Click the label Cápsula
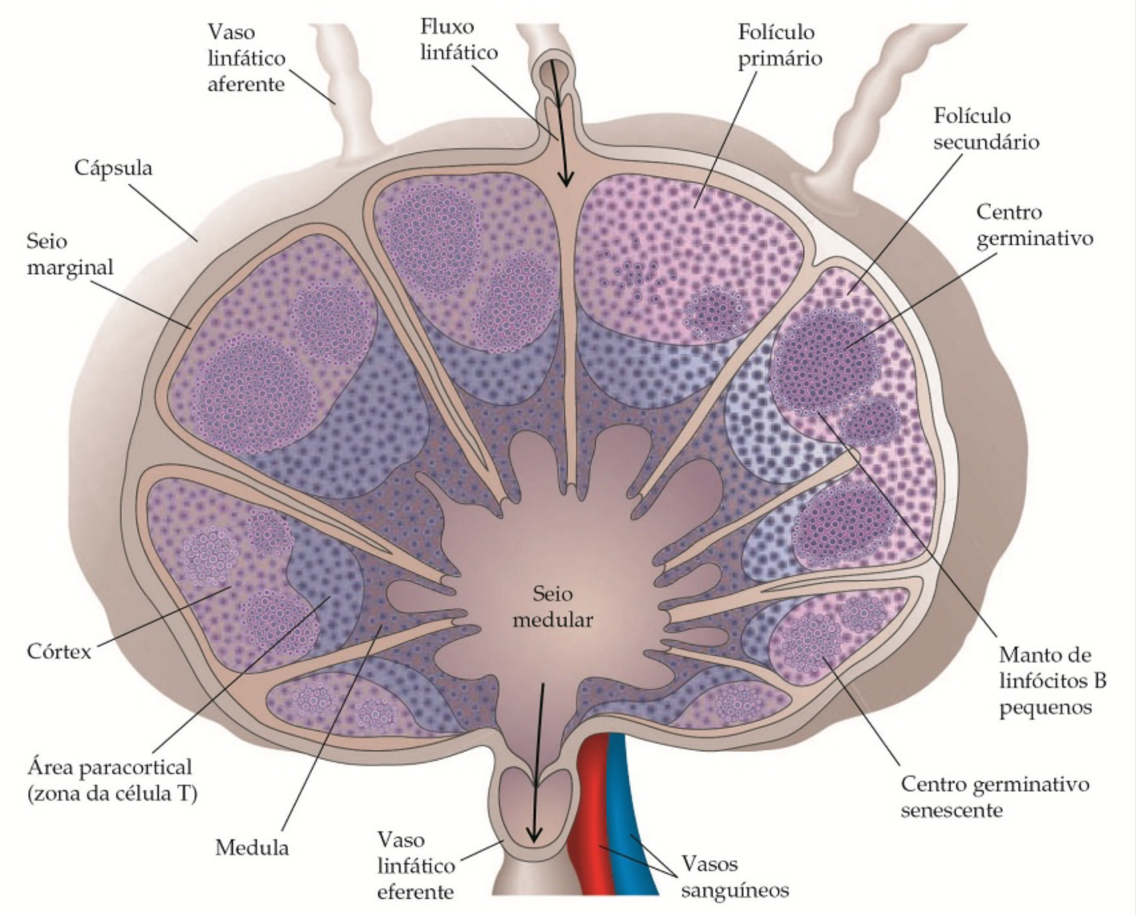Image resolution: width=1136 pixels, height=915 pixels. coord(113,167)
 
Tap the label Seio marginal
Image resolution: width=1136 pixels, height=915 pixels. coord(70,254)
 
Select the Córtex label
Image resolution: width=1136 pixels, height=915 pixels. coord(59,651)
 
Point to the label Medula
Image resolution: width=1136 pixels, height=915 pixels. coord(252,848)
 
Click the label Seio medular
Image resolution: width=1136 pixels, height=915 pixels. coord(553,607)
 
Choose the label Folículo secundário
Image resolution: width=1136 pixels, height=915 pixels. coord(986,129)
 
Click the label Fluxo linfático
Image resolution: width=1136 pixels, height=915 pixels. coord(458,39)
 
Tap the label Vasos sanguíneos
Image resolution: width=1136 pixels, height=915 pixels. coord(735,877)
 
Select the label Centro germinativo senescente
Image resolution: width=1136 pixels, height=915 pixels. coord(994,797)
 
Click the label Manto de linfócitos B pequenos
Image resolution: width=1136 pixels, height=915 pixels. coord(1052,680)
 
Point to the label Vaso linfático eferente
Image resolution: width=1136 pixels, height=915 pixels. coord(416,866)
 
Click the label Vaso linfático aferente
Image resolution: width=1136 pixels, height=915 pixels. coord(246,58)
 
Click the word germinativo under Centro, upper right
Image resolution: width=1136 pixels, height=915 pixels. coord(1034,239)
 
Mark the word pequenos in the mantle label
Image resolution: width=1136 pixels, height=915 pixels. coord(1045,707)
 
